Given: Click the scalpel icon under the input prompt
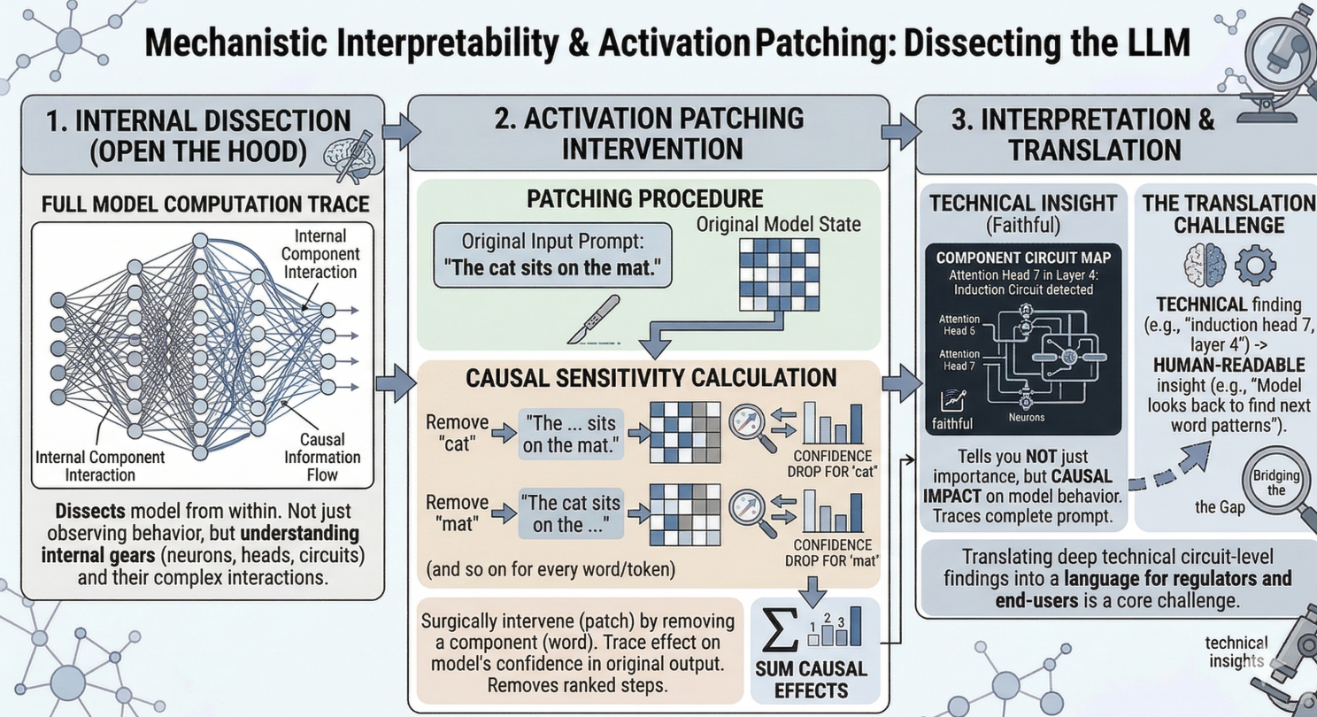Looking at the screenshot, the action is pyautogui.click(x=594, y=320).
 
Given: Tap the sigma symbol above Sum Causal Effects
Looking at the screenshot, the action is pyautogui.click(x=780, y=630).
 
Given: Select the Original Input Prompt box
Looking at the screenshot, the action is pyautogui.click(x=552, y=255).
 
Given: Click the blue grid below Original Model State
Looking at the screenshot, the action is pyautogui.click(x=779, y=274).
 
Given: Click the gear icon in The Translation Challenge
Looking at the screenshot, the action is pyautogui.click(x=1255, y=266).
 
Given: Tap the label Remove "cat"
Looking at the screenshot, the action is pyautogui.click(x=457, y=433).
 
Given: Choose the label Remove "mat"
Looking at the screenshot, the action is pyautogui.click(x=457, y=513).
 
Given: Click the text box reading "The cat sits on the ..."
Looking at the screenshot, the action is pyautogui.click(x=570, y=513).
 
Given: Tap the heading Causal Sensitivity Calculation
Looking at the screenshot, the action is pyautogui.click(x=651, y=378).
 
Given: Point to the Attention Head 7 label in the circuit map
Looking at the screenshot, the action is pyautogui.click(x=959, y=360).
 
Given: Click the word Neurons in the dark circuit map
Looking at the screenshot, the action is pyautogui.click(x=1027, y=418).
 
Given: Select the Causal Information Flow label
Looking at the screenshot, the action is pyautogui.click(x=322, y=457).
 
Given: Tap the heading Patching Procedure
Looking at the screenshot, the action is pyautogui.click(x=644, y=199).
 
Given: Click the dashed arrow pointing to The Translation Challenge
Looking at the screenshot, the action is pyautogui.click(x=1170, y=467).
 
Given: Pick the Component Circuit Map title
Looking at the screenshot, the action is pyautogui.click(x=1023, y=258).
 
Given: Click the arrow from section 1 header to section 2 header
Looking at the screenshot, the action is pyautogui.click(x=402, y=131).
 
